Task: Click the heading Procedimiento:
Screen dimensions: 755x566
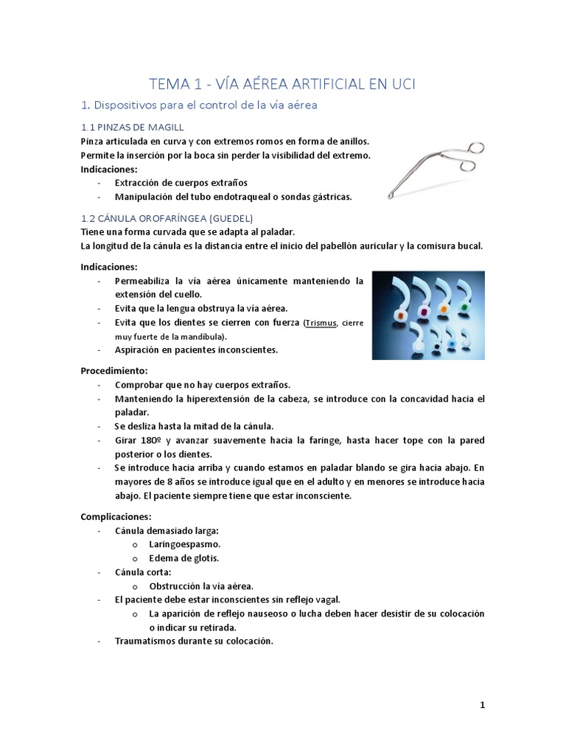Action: pos(114,369)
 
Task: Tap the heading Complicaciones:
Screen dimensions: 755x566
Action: pos(116,516)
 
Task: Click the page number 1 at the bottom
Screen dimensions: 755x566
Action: pos(482,705)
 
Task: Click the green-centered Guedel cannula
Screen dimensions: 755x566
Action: pos(464,304)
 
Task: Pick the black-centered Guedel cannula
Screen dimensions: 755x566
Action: pos(439,344)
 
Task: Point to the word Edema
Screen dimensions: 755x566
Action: pos(164,558)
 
